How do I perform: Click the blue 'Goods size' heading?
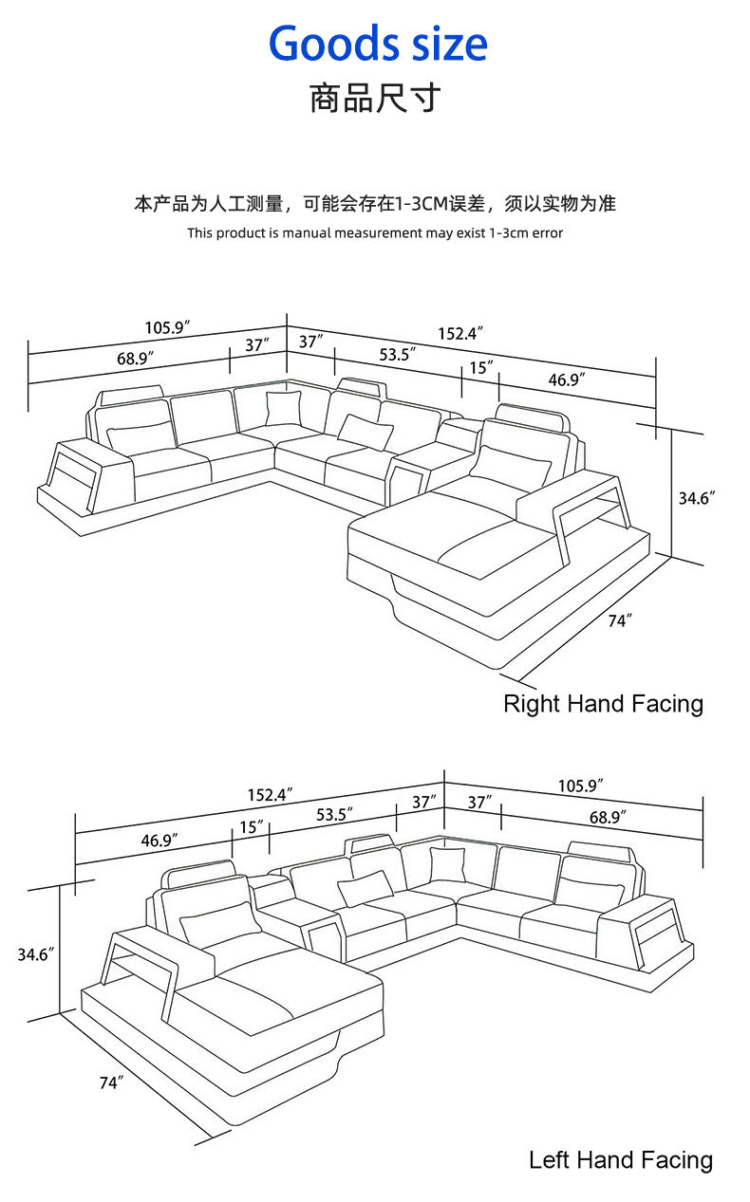(x=378, y=44)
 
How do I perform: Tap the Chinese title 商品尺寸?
(x=375, y=98)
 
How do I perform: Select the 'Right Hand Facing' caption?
(x=603, y=704)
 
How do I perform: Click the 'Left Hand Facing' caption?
(x=620, y=1159)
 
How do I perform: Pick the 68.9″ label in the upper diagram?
(x=136, y=359)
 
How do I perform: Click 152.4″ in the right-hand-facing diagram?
(x=460, y=333)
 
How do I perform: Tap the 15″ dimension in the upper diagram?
(x=481, y=366)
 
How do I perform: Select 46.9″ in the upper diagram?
(x=566, y=379)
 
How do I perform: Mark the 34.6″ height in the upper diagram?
(x=696, y=496)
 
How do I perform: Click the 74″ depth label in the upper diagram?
(x=619, y=620)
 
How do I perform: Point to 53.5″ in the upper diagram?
(x=398, y=355)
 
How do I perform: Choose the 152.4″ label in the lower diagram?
(x=271, y=794)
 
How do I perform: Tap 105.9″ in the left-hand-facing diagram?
(x=581, y=786)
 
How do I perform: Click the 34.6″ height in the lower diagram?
(x=32, y=954)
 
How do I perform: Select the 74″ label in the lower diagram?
(x=112, y=1082)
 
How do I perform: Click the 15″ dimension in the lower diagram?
(x=252, y=826)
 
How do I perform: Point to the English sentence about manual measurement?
(x=375, y=232)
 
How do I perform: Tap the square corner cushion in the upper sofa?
(x=283, y=409)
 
